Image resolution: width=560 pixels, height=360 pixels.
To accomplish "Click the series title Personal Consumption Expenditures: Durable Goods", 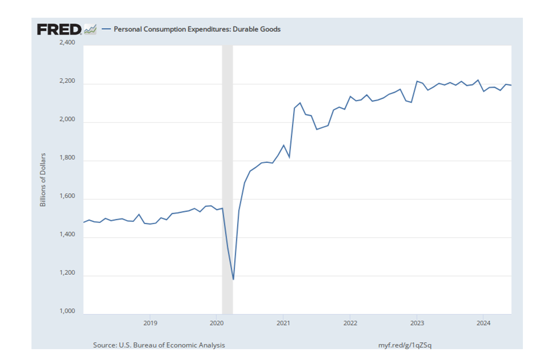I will [197, 29].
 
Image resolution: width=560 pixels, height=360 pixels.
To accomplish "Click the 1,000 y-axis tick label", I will [67, 311].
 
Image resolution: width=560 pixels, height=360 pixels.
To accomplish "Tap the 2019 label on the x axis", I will [150, 322].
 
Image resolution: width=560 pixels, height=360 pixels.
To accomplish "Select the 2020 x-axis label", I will [217, 322].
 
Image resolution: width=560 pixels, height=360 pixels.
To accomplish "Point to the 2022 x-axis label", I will [350, 322].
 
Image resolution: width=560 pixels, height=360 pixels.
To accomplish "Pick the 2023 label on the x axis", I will [417, 322].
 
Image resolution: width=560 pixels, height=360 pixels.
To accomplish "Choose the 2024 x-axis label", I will [483, 322].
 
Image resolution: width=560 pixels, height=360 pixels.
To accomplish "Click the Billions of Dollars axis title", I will [43, 179].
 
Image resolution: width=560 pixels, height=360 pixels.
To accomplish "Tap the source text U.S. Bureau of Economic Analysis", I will [159, 345].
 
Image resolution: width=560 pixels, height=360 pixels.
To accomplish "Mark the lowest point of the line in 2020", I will [233, 279].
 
